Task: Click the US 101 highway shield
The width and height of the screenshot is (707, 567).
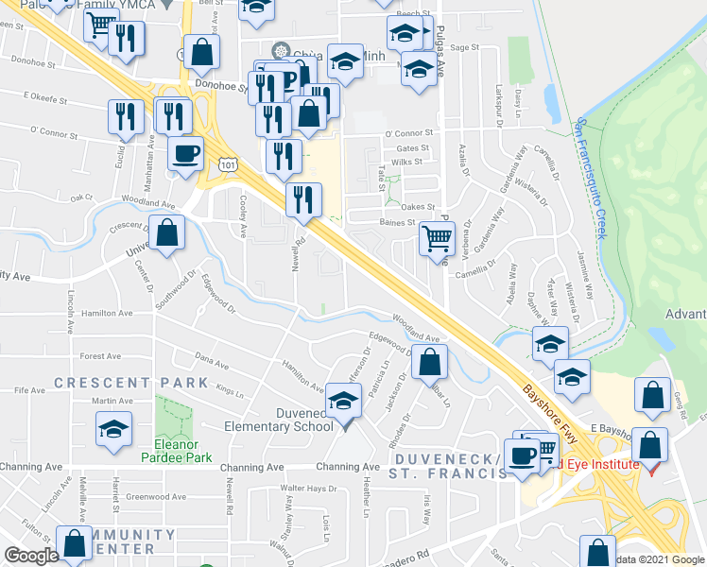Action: pos(227,165)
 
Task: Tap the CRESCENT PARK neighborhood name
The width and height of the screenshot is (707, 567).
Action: pos(131,383)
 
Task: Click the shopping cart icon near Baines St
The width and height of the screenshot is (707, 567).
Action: pos(437,239)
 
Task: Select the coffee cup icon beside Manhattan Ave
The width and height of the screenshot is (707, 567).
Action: pos(185,153)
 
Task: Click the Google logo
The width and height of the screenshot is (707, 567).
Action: pos(31,556)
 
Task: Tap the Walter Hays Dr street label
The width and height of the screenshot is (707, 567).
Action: pos(308,489)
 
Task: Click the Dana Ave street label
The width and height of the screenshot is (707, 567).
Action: pos(212,361)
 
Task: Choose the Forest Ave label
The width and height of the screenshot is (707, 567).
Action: pos(103,356)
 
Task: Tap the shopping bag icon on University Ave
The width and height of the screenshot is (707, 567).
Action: pos(167,235)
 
